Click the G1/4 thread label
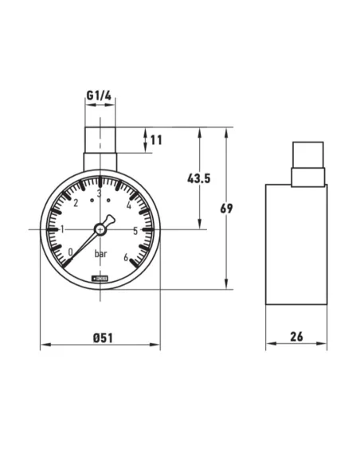100,98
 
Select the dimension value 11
155,140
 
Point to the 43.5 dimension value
198,178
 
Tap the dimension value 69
227,209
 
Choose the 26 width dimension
297,337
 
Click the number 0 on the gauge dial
71,252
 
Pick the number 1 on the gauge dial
62,229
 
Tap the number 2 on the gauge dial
75,203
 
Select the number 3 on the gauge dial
100,193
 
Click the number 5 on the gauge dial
135,231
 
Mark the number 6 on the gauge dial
126,256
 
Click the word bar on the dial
101,255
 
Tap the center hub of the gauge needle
100,229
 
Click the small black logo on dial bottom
100,278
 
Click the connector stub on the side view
307,163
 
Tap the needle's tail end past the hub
110,220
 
